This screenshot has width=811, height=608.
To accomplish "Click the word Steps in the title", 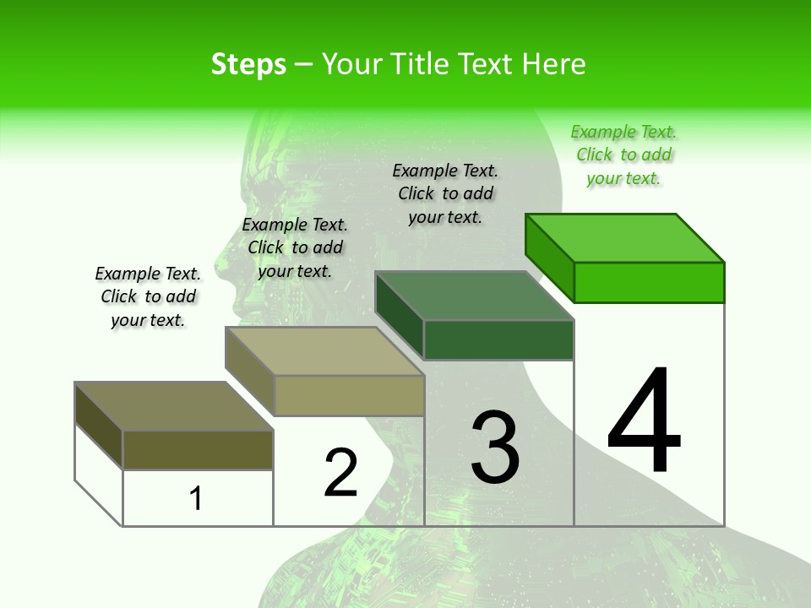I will click(248, 64).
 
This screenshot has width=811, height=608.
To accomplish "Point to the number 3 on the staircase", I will click(495, 448).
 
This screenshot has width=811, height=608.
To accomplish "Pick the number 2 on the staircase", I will click(340, 473).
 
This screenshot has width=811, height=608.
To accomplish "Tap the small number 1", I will click(196, 498).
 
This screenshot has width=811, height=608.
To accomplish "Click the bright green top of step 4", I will click(625, 237).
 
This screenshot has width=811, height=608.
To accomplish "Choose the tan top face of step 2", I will click(324, 351).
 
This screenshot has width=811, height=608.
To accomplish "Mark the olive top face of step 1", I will click(174, 406).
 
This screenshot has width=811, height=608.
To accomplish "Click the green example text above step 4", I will click(623, 155).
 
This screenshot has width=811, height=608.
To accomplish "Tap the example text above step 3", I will click(445, 194).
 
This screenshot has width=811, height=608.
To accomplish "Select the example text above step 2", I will click(295, 248).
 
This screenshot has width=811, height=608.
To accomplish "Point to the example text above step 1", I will click(148, 297).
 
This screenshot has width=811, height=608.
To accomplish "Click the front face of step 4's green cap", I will click(649, 282).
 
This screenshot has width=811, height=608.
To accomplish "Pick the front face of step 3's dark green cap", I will click(498, 340).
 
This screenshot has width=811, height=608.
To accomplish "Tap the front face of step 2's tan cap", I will click(349, 395).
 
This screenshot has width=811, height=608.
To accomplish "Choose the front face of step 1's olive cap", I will click(198, 449).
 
